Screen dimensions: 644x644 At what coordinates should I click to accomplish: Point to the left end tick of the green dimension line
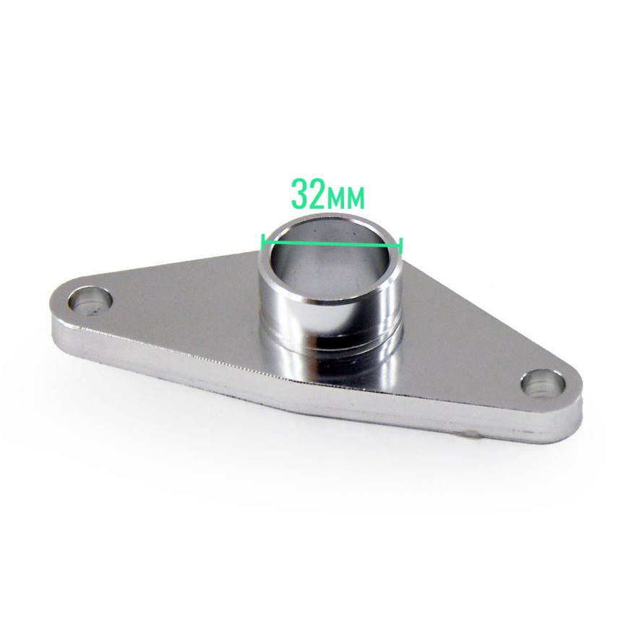(262, 241)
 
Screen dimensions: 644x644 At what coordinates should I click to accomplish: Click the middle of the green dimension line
(332, 244)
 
